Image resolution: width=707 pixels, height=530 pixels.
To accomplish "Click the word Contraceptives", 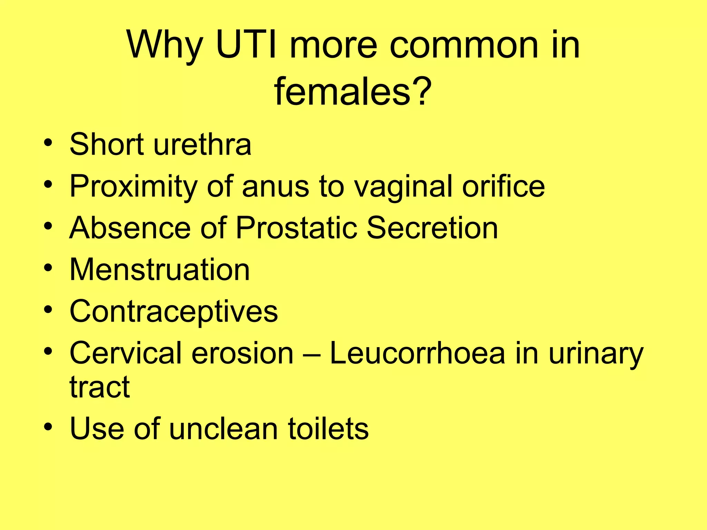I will tap(174, 312).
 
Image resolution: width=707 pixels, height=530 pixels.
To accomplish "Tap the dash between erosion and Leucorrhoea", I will tap(312, 354).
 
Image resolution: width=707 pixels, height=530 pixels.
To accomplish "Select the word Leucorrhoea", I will tap(417, 353).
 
